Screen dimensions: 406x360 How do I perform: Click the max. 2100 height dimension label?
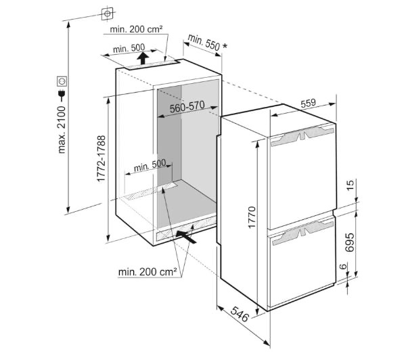[62, 129]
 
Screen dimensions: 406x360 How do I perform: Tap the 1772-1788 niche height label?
[101, 158]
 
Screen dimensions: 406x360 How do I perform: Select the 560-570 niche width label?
[187, 107]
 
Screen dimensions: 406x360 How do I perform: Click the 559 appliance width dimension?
[309, 103]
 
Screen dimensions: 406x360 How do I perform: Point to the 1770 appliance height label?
[252, 217]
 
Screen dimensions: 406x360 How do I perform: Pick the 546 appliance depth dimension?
[240, 314]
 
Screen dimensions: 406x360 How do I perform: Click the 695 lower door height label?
[350, 242]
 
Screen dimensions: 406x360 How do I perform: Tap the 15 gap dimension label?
[350, 185]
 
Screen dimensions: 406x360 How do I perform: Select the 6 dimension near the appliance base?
[342, 266]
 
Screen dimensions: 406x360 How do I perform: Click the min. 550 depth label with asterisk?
[208, 43]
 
